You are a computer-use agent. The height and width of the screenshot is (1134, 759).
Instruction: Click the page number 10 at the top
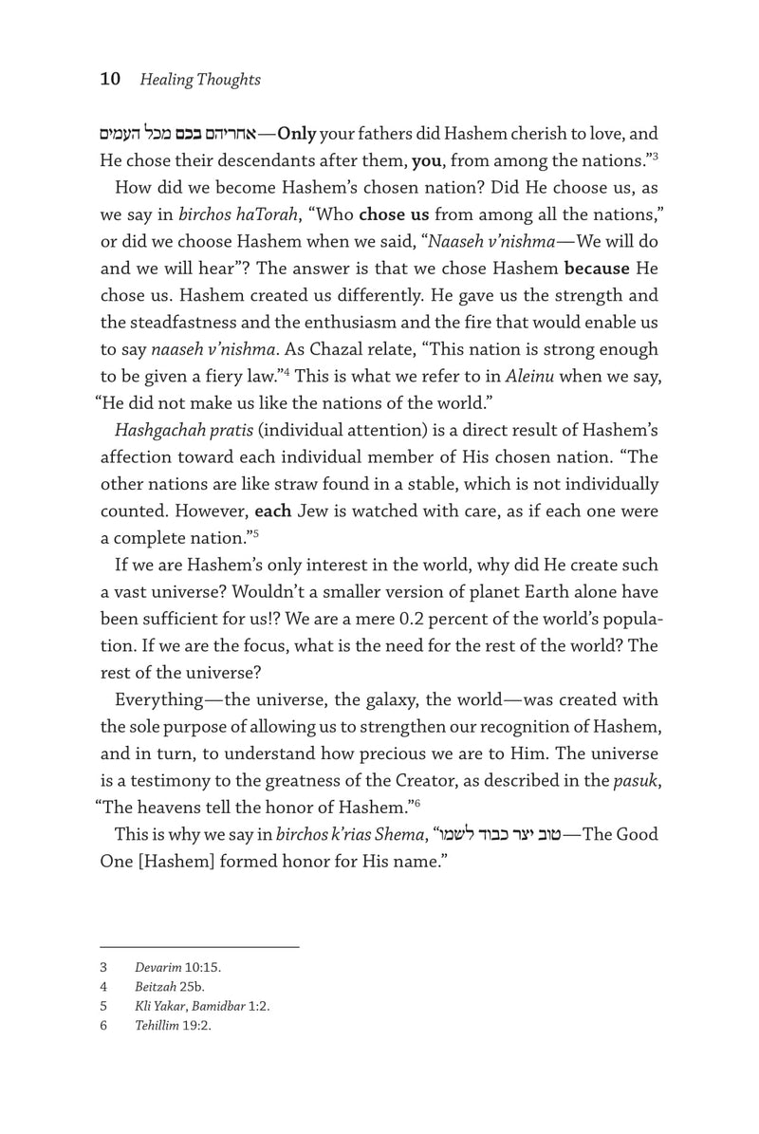pyautogui.click(x=110, y=80)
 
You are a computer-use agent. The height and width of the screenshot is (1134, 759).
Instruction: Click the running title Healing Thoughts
pyautogui.click(x=200, y=80)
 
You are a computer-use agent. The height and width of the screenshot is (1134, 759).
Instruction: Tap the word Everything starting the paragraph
pyautogui.click(x=164, y=700)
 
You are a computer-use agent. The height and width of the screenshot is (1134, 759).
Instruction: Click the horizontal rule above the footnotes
pyautogui.click(x=199, y=946)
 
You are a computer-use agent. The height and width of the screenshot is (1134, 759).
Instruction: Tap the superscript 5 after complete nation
pyautogui.click(x=255, y=533)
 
